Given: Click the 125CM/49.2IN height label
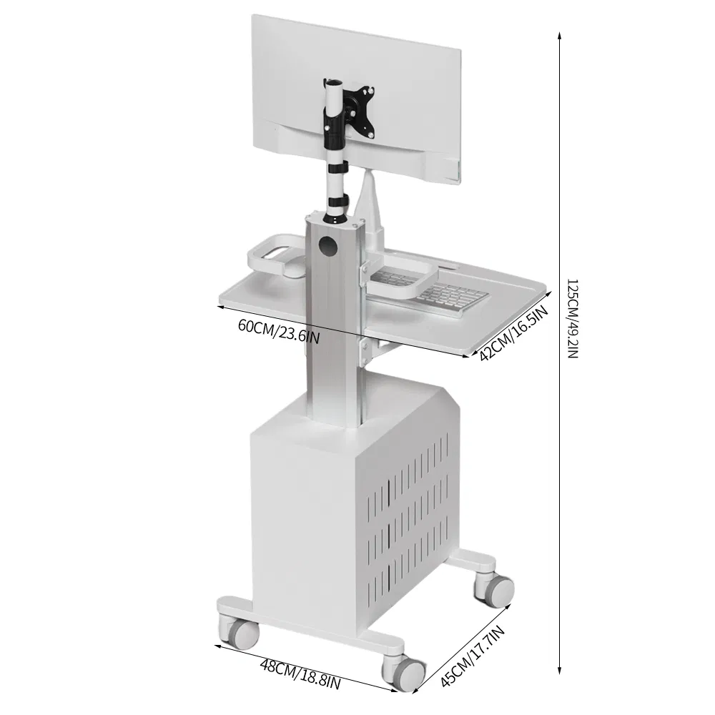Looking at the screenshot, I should [572, 319].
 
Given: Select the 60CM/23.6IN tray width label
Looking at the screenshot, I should [279, 330].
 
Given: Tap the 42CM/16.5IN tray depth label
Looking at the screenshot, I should [513, 332].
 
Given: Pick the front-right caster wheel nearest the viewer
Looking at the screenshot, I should [405, 672].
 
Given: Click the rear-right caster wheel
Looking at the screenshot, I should [495, 588].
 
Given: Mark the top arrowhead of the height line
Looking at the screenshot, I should [559, 34].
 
